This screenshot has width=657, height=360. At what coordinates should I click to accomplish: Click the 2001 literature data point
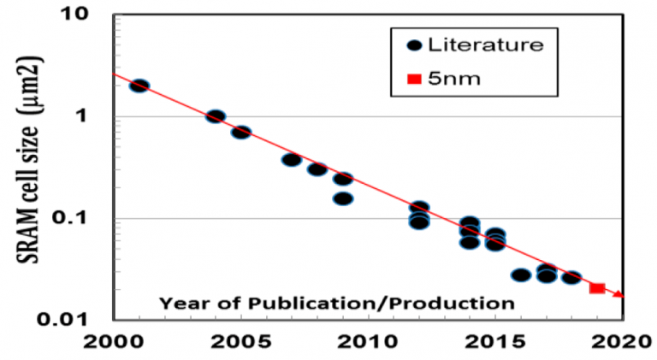tap(139, 86)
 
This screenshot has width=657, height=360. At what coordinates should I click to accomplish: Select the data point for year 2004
tap(216, 116)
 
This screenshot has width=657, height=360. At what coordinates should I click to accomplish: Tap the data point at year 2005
tap(241, 133)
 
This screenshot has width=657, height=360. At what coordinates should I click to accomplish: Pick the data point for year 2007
tap(291, 160)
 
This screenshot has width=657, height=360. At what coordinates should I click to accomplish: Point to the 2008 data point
tap(317, 169)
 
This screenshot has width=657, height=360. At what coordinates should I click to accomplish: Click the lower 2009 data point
tap(343, 198)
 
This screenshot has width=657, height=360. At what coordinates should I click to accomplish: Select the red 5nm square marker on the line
tap(597, 289)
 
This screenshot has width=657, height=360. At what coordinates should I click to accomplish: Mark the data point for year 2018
tap(571, 277)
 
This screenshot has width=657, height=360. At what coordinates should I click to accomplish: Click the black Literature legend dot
tap(414, 44)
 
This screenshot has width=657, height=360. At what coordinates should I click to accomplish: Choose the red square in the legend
tap(414, 79)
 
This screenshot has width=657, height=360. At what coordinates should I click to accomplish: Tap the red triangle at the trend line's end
tap(619, 294)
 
